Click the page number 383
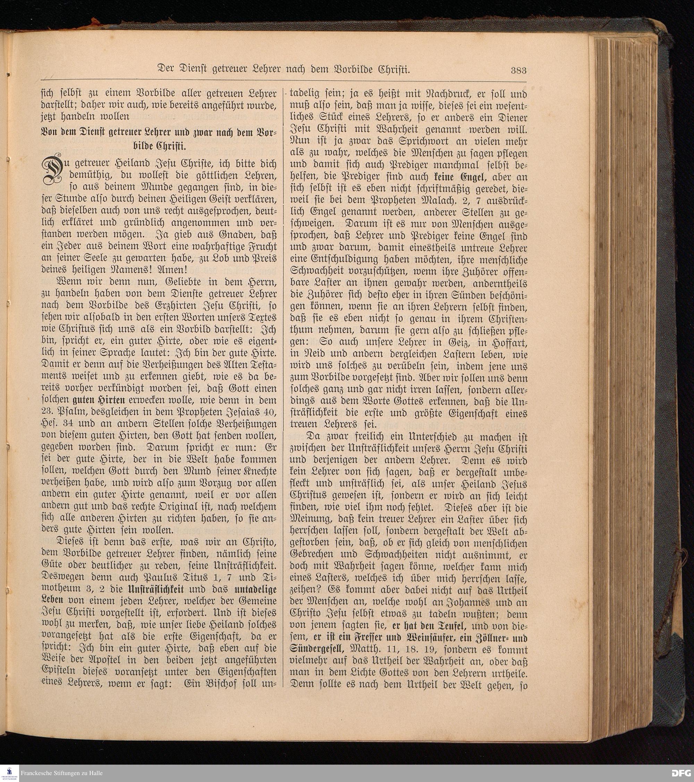518,71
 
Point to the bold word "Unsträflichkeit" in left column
156,589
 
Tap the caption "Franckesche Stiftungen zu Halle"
61,773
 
